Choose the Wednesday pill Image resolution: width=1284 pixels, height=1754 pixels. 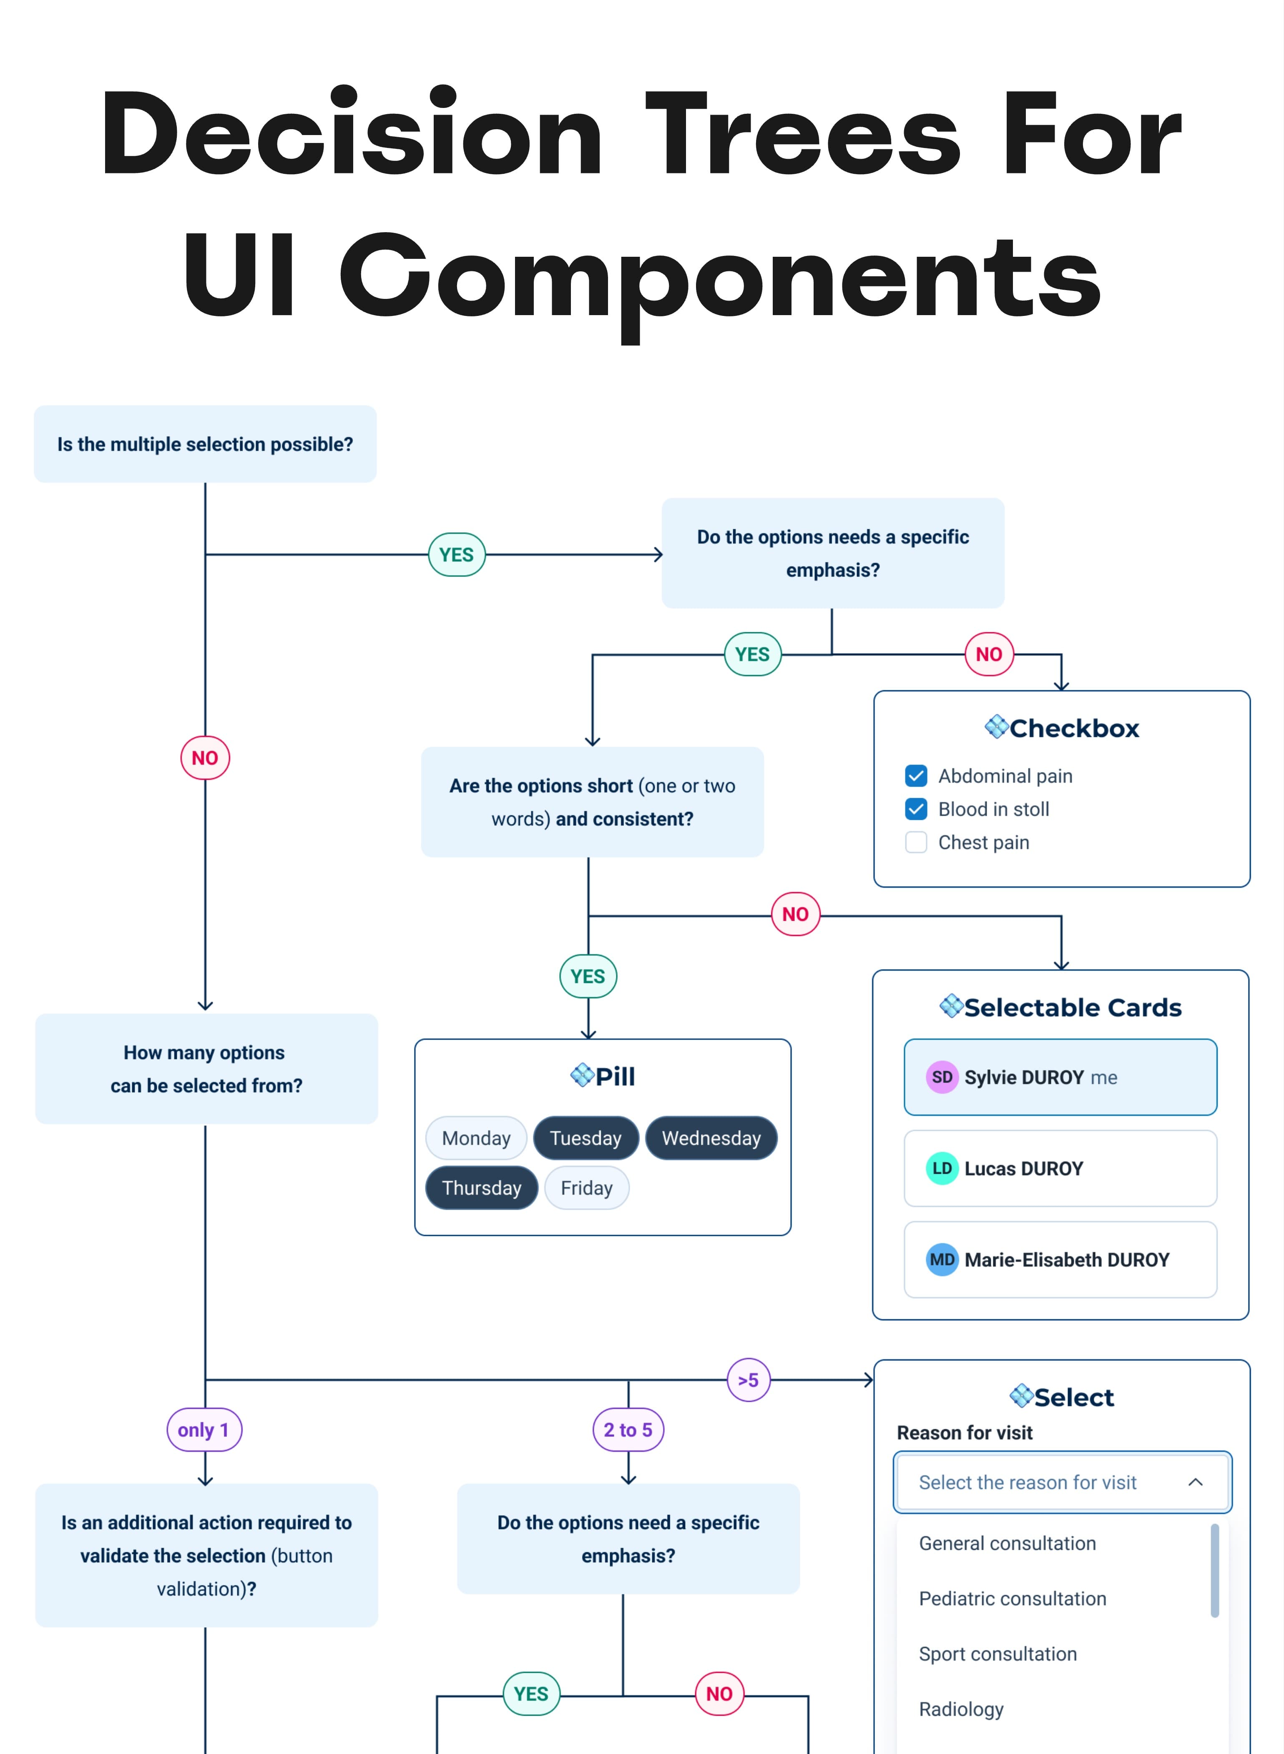pos(711,1138)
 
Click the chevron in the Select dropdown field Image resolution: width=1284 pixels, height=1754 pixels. pos(1196,1482)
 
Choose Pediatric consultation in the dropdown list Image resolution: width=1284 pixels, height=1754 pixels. pos(1012,1599)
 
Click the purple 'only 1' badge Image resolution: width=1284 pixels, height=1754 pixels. pos(204,1429)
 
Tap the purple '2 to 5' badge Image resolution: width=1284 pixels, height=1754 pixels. pos(628,1429)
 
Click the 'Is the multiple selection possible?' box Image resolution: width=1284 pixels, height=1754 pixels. pos(205,444)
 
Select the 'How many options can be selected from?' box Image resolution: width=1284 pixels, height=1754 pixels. pos(206,1069)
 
